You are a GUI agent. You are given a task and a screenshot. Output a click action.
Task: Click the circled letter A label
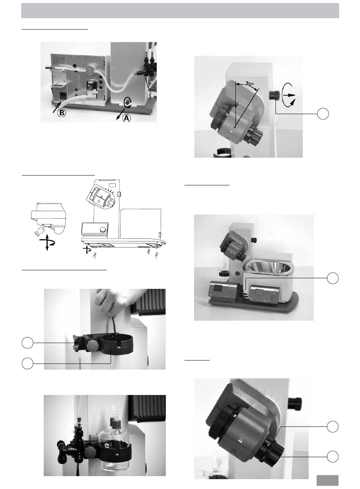tap(127, 118)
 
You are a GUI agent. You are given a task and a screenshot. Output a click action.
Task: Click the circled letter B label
tap(62, 113)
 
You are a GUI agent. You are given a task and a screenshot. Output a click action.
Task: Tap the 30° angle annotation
tap(250, 84)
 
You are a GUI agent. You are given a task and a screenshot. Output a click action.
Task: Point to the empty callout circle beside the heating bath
tap(333, 278)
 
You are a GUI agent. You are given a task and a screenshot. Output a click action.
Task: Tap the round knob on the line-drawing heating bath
tap(103, 229)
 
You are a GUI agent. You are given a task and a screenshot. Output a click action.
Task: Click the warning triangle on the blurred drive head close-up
tap(240, 440)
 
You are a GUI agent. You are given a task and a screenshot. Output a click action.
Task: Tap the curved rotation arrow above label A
tap(127, 103)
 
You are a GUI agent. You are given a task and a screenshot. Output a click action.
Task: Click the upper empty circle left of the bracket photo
tap(28, 343)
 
